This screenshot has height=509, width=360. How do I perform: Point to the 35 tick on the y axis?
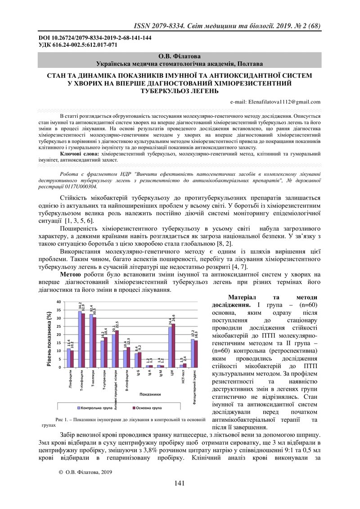pos(60,310)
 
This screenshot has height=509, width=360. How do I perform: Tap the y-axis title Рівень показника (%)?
pos(49,333)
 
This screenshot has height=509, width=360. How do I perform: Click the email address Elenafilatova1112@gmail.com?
pos(284,102)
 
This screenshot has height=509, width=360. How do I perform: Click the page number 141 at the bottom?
pos(180,483)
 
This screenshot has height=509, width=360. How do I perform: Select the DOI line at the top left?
pos(94,38)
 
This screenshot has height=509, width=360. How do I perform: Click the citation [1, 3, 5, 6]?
pos(79,221)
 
